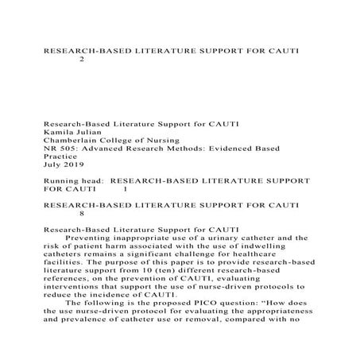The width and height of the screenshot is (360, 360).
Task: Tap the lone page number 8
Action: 83,214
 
